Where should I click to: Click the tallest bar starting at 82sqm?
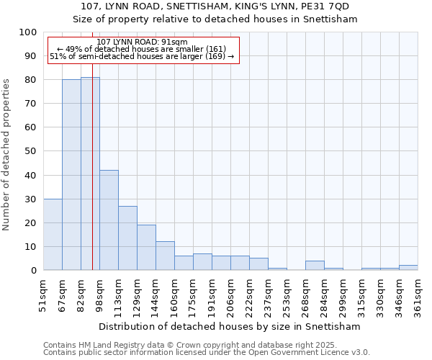pyautogui.click(x=90, y=174)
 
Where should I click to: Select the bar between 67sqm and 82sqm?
pyautogui.click(x=71, y=175)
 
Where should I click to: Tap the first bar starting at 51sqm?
pyautogui.click(x=53, y=234)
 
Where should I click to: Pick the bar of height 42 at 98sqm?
pyautogui.click(x=109, y=220)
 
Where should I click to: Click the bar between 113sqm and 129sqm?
pyautogui.click(x=127, y=238)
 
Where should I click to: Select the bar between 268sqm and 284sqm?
pyautogui.click(x=315, y=265)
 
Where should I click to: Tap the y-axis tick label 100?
pyautogui.click(x=27, y=32)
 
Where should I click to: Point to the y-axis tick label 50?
pyautogui.click(x=30, y=151)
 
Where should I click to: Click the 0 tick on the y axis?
pyautogui.click(x=33, y=270)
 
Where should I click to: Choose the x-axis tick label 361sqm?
pyautogui.click(x=418, y=295)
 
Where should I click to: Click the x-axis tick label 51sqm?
pyautogui.click(x=44, y=295)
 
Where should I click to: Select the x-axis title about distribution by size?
pyautogui.click(x=230, y=326)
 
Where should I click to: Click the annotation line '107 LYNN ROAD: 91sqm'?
pyautogui.click(x=142, y=42)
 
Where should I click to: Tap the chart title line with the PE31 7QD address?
pyautogui.click(x=215, y=6)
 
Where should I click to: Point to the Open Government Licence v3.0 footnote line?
pyautogui.click(x=207, y=353)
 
